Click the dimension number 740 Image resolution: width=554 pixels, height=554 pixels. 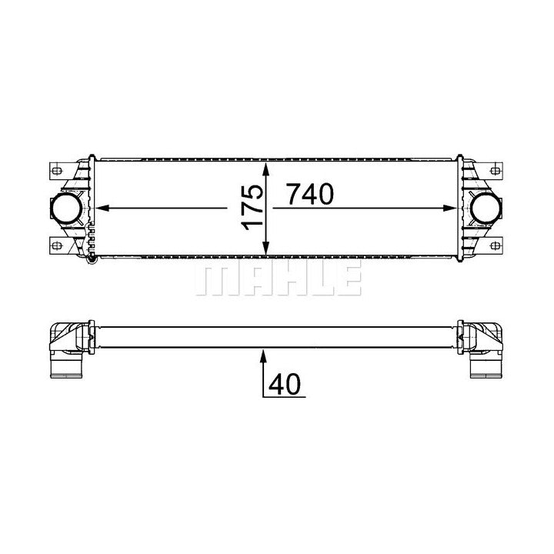tap(311, 194)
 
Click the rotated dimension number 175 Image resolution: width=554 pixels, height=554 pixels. tap(252, 208)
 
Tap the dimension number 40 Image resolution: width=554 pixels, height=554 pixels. tap(285, 384)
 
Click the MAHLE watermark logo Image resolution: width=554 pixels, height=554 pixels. tap(278, 277)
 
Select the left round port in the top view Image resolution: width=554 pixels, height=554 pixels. tap(67, 208)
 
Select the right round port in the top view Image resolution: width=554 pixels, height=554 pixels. tap(486, 208)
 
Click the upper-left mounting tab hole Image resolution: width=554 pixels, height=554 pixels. tap(56, 171)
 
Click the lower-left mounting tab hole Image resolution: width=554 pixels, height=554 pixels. tap(56, 245)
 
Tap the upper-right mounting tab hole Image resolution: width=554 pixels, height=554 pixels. tap(496, 171)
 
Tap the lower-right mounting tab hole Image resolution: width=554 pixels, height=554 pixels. tap(496, 245)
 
